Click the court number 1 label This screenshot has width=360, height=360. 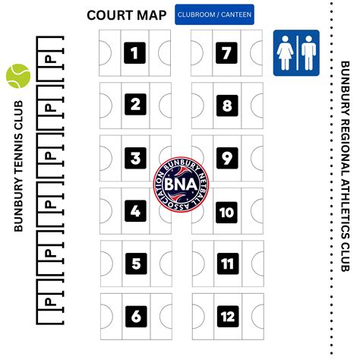[x=135, y=52]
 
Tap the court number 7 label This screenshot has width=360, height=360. [x=226, y=52]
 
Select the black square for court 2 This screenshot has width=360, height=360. [x=135, y=105]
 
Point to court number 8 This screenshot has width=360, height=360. [x=226, y=105]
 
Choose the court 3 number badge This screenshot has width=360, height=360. [x=135, y=158]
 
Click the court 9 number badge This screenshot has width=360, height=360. [x=226, y=158]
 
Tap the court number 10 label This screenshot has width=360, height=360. [x=226, y=212]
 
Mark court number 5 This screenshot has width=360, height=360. [x=135, y=264]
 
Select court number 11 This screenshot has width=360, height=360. [x=226, y=264]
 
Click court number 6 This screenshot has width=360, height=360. [x=135, y=315]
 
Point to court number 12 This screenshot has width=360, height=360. [x=226, y=315]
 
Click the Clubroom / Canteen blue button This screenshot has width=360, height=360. [x=214, y=14]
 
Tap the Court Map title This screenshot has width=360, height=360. [x=127, y=14]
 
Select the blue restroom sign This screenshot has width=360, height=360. [x=296, y=53]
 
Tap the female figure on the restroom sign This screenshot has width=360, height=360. [x=286, y=53]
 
